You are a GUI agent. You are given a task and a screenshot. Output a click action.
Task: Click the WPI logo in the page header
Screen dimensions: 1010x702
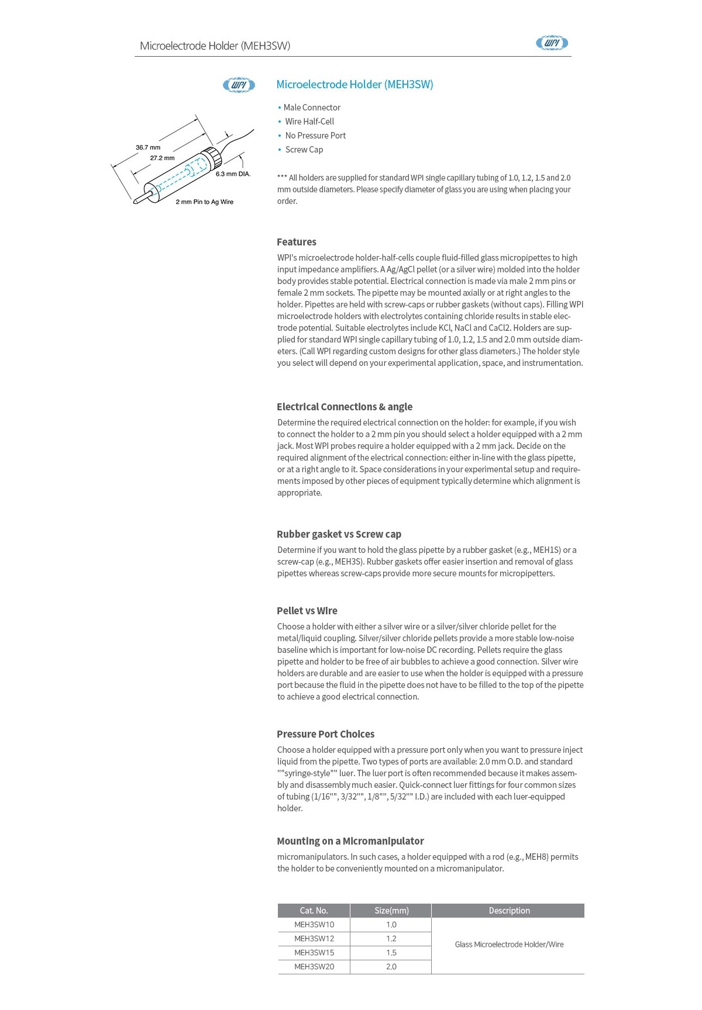coord(552,43)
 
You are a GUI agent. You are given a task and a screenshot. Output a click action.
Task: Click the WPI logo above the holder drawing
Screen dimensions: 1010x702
coord(239,85)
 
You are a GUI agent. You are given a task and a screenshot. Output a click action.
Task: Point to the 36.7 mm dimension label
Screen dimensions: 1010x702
coord(148,147)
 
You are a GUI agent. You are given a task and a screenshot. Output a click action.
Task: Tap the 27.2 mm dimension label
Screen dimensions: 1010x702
coord(162,158)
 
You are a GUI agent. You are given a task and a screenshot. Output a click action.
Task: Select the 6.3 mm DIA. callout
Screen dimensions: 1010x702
coord(233,174)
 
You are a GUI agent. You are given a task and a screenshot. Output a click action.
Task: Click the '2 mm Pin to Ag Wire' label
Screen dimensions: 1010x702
coord(204,202)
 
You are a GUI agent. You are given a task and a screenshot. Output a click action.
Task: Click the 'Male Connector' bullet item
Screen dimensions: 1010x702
coord(312,108)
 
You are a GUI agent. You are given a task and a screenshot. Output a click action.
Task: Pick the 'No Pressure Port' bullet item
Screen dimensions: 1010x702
coord(315,136)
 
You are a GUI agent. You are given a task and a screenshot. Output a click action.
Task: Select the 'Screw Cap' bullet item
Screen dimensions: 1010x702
coord(304,150)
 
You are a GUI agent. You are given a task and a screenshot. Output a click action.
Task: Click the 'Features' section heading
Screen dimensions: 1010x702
coord(297,242)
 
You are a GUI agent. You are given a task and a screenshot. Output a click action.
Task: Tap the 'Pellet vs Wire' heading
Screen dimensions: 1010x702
coord(307,611)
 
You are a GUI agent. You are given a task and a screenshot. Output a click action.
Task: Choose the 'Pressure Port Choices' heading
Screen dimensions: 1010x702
coord(326,734)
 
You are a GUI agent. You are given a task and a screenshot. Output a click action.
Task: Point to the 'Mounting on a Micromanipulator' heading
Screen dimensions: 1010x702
coord(350,841)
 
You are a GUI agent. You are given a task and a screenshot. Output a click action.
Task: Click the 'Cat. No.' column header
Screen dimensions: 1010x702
coord(314,911)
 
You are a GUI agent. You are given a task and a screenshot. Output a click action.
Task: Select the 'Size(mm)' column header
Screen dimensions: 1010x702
coord(391,911)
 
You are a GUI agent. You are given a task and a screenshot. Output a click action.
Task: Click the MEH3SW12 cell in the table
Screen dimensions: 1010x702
coord(314,939)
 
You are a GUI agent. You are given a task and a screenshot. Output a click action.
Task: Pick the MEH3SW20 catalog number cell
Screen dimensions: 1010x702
coord(314,967)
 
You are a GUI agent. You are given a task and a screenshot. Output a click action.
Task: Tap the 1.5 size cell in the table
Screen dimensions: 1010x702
coord(391,953)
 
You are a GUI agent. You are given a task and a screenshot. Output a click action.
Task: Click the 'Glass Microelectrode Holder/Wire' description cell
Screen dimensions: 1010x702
coord(509,945)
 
